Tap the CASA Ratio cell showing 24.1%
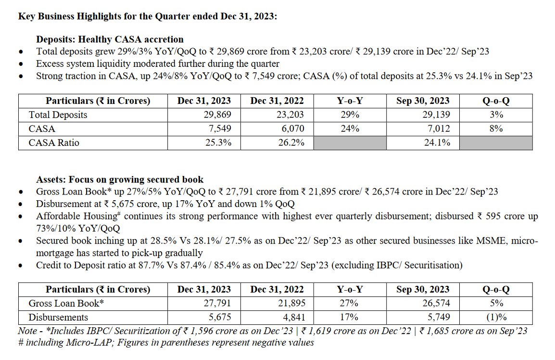[437, 143]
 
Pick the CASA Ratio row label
[54, 143]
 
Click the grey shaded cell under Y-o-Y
[350, 143]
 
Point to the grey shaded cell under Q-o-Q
[496, 143]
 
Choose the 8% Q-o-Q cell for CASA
[496, 129]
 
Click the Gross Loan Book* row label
[66, 304]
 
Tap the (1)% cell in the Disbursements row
[496, 318]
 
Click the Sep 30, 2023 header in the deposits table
[423, 101]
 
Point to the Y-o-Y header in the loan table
[350, 290]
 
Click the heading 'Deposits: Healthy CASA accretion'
[110, 39]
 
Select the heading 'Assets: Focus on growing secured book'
[120, 180]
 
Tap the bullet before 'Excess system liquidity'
[20, 64]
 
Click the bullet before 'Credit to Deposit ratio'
[20, 266]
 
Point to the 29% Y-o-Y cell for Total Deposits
[350, 115]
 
